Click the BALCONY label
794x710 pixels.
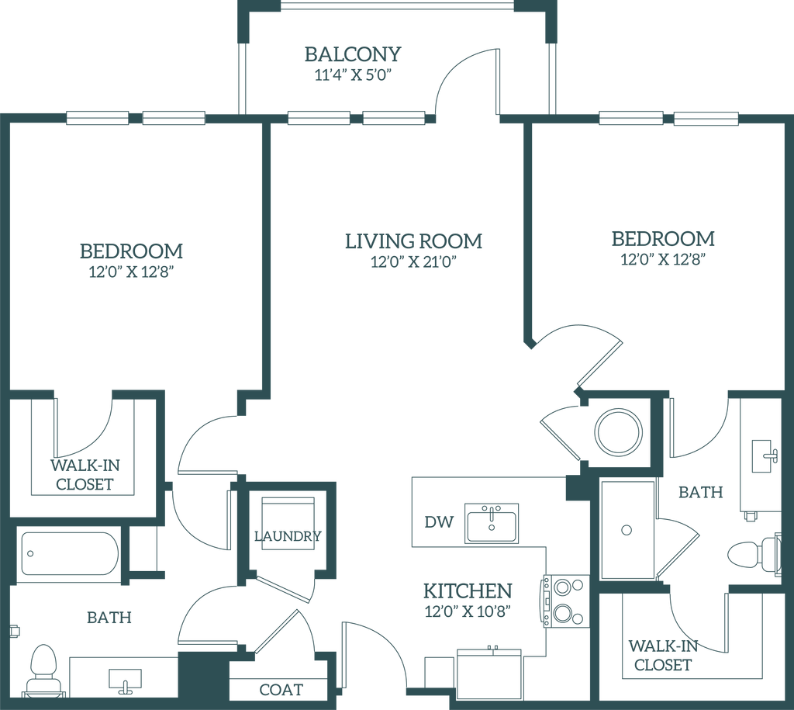(354, 54)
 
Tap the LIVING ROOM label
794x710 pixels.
(413, 241)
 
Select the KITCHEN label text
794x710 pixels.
(467, 591)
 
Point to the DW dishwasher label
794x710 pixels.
(435, 521)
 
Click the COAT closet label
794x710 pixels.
(281, 688)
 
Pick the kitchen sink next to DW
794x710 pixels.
(492, 522)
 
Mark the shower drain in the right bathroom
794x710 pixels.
(627, 531)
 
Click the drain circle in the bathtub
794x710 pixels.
(31, 552)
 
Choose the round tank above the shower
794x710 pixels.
(619, 431)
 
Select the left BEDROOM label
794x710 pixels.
(131, 251)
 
